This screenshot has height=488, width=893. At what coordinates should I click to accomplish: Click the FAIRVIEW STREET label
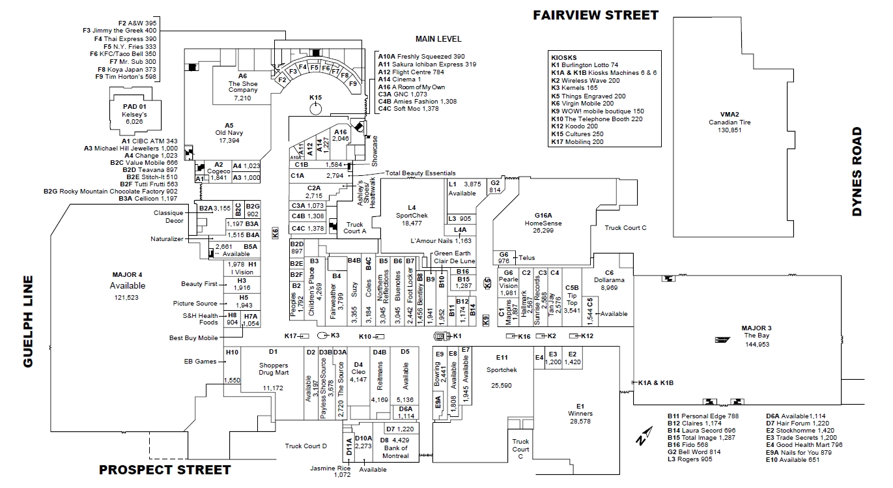595,15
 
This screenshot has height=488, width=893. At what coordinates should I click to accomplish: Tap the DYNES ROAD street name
857,171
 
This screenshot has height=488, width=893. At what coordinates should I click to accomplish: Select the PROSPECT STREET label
165,470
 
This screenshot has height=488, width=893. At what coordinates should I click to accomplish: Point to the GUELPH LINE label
28,321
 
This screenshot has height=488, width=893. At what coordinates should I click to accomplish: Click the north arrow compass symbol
644,435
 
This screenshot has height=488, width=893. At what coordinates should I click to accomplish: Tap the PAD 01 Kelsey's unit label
134,114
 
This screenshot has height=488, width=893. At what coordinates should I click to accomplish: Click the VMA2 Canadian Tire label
730,122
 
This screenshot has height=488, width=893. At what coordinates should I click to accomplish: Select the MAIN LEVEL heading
438,39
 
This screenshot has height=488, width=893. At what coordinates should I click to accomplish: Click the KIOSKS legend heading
563,57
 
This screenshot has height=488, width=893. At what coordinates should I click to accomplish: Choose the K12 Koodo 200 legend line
574,126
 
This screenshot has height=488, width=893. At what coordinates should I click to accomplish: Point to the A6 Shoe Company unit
242,87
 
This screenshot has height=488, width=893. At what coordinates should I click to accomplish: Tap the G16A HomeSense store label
543,223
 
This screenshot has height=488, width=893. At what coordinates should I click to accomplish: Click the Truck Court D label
305,446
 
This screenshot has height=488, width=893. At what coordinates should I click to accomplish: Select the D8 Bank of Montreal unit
395,448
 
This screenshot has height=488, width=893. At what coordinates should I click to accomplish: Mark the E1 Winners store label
580,414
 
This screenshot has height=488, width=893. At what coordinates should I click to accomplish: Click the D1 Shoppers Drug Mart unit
273,369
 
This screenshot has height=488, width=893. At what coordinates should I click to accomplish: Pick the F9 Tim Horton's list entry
126,76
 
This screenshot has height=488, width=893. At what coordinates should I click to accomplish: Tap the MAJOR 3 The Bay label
757,336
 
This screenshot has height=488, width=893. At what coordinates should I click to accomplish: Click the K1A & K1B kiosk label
656,382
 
